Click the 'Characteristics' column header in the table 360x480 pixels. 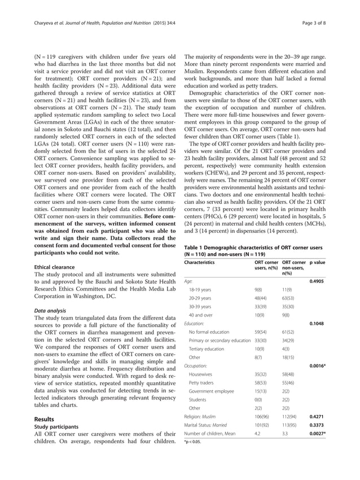click(200, 262)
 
